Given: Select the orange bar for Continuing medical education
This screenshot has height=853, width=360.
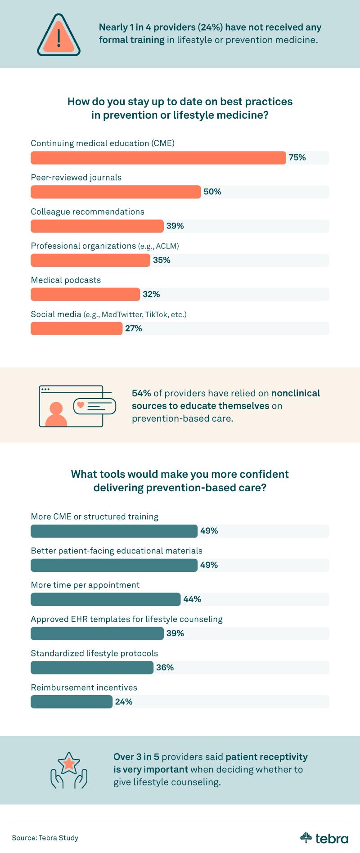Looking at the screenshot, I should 158,158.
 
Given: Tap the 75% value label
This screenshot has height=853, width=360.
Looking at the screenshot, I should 297,157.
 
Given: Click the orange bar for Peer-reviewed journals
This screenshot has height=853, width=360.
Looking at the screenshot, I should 116,192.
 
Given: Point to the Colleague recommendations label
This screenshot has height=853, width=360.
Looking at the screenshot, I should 87,212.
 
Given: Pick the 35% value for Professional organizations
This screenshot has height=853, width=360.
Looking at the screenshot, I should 162,260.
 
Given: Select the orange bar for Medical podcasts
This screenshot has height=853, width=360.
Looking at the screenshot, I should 85,295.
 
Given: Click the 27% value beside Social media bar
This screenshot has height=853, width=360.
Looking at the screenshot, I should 134,328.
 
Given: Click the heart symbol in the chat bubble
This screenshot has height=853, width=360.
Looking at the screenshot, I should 81,405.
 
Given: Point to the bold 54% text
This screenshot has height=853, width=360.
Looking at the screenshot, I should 141,393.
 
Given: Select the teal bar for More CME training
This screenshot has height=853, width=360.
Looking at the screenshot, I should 114,531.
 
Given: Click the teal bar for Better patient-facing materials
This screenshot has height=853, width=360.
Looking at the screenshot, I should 114,566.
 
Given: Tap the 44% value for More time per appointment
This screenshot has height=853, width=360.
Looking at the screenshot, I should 192,599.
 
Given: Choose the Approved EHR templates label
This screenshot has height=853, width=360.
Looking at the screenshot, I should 126,620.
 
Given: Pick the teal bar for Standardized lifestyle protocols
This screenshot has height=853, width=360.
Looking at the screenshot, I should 92,668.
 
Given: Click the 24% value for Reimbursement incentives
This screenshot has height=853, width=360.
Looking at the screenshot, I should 124,702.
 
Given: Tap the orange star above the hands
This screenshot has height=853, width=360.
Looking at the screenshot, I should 69,763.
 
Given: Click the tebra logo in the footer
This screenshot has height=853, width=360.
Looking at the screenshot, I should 324,838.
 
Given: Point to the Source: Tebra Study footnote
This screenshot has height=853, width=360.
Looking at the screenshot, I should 45,838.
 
